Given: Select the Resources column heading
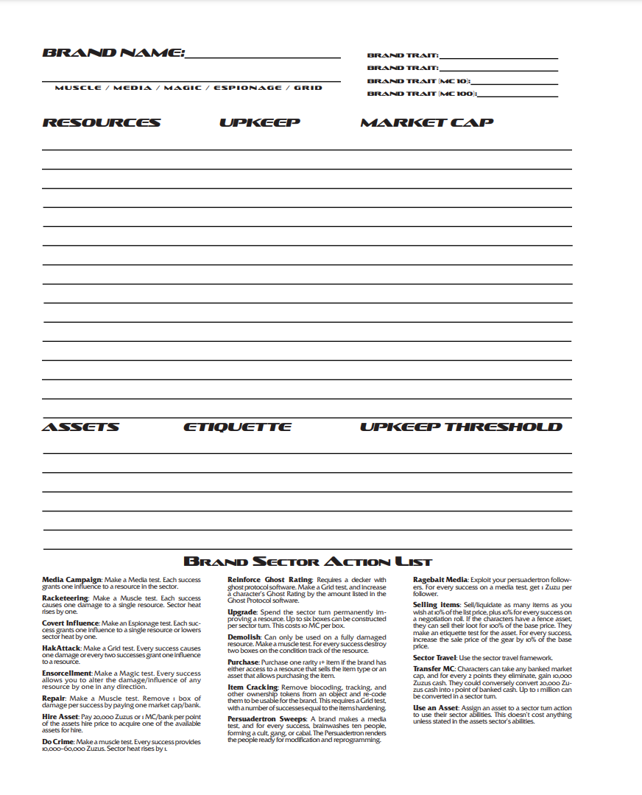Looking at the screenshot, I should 102,122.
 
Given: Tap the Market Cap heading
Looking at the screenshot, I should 426,122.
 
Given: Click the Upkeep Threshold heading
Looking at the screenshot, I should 461,427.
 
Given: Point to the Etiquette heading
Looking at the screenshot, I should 237,427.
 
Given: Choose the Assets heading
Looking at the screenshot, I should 80,427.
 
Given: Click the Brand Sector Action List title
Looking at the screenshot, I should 307,561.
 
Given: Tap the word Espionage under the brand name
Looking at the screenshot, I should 247,88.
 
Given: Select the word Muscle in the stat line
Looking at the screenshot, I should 78,88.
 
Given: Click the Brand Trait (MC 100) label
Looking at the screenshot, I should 422,94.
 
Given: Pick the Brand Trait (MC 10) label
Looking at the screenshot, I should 419,81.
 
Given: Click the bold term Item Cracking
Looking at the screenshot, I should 252,687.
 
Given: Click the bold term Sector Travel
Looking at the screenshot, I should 434,657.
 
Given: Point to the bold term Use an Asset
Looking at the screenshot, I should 436,707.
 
